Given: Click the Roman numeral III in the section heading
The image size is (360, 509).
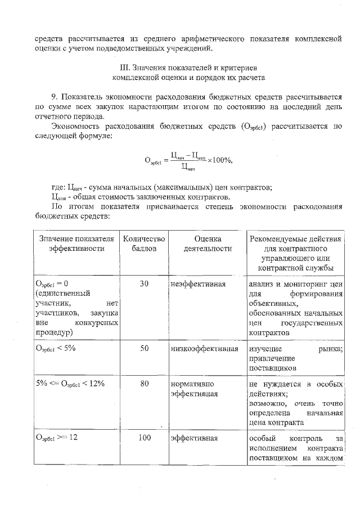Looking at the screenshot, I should click(118, 68).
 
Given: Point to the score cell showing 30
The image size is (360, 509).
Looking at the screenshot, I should click(144, 284).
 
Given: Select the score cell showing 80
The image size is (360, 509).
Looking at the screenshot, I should click(144, 384).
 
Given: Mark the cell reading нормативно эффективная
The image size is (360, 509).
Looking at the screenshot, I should click(194, 389).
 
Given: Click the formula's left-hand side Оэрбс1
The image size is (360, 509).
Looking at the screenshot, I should click(152, 161).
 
